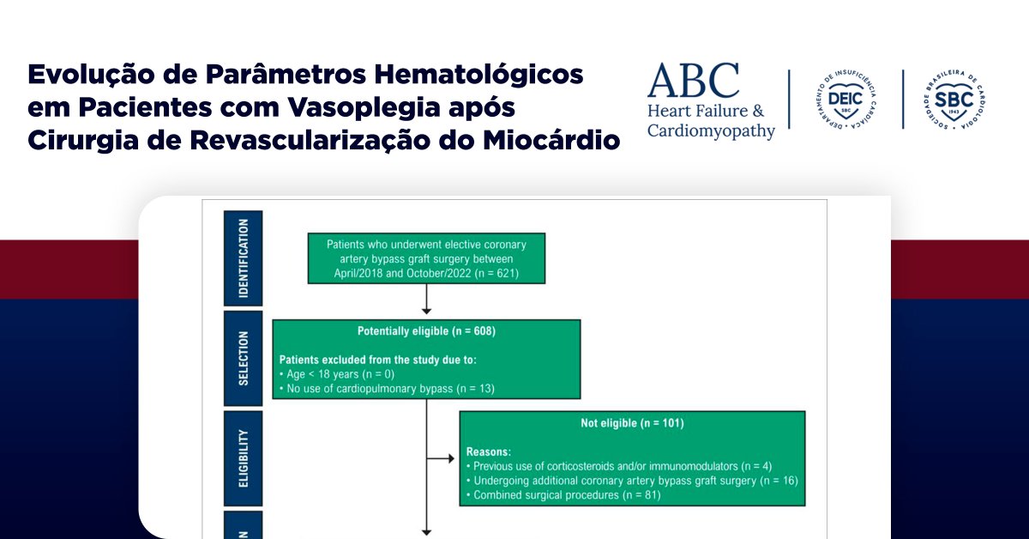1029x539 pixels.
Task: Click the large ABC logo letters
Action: pyautogui.click(x=693, y=81)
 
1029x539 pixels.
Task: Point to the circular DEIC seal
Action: pyautogui.click(x=845, y=100)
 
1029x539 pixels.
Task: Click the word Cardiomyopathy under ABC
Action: pyautogui.click(x=711, y=131)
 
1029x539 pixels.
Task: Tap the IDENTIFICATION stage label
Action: pyautogui.click(x=244, y=258)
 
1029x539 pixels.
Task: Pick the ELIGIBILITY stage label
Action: pyautogui.click(x=244, y=458)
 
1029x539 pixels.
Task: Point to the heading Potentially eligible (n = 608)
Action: pyautogui.click(x=426, y=331)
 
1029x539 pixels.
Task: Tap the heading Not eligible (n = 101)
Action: pyautogui.click(x=632, y=423)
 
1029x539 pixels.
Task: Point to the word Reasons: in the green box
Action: pyautogui.click(x=489, y=451)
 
